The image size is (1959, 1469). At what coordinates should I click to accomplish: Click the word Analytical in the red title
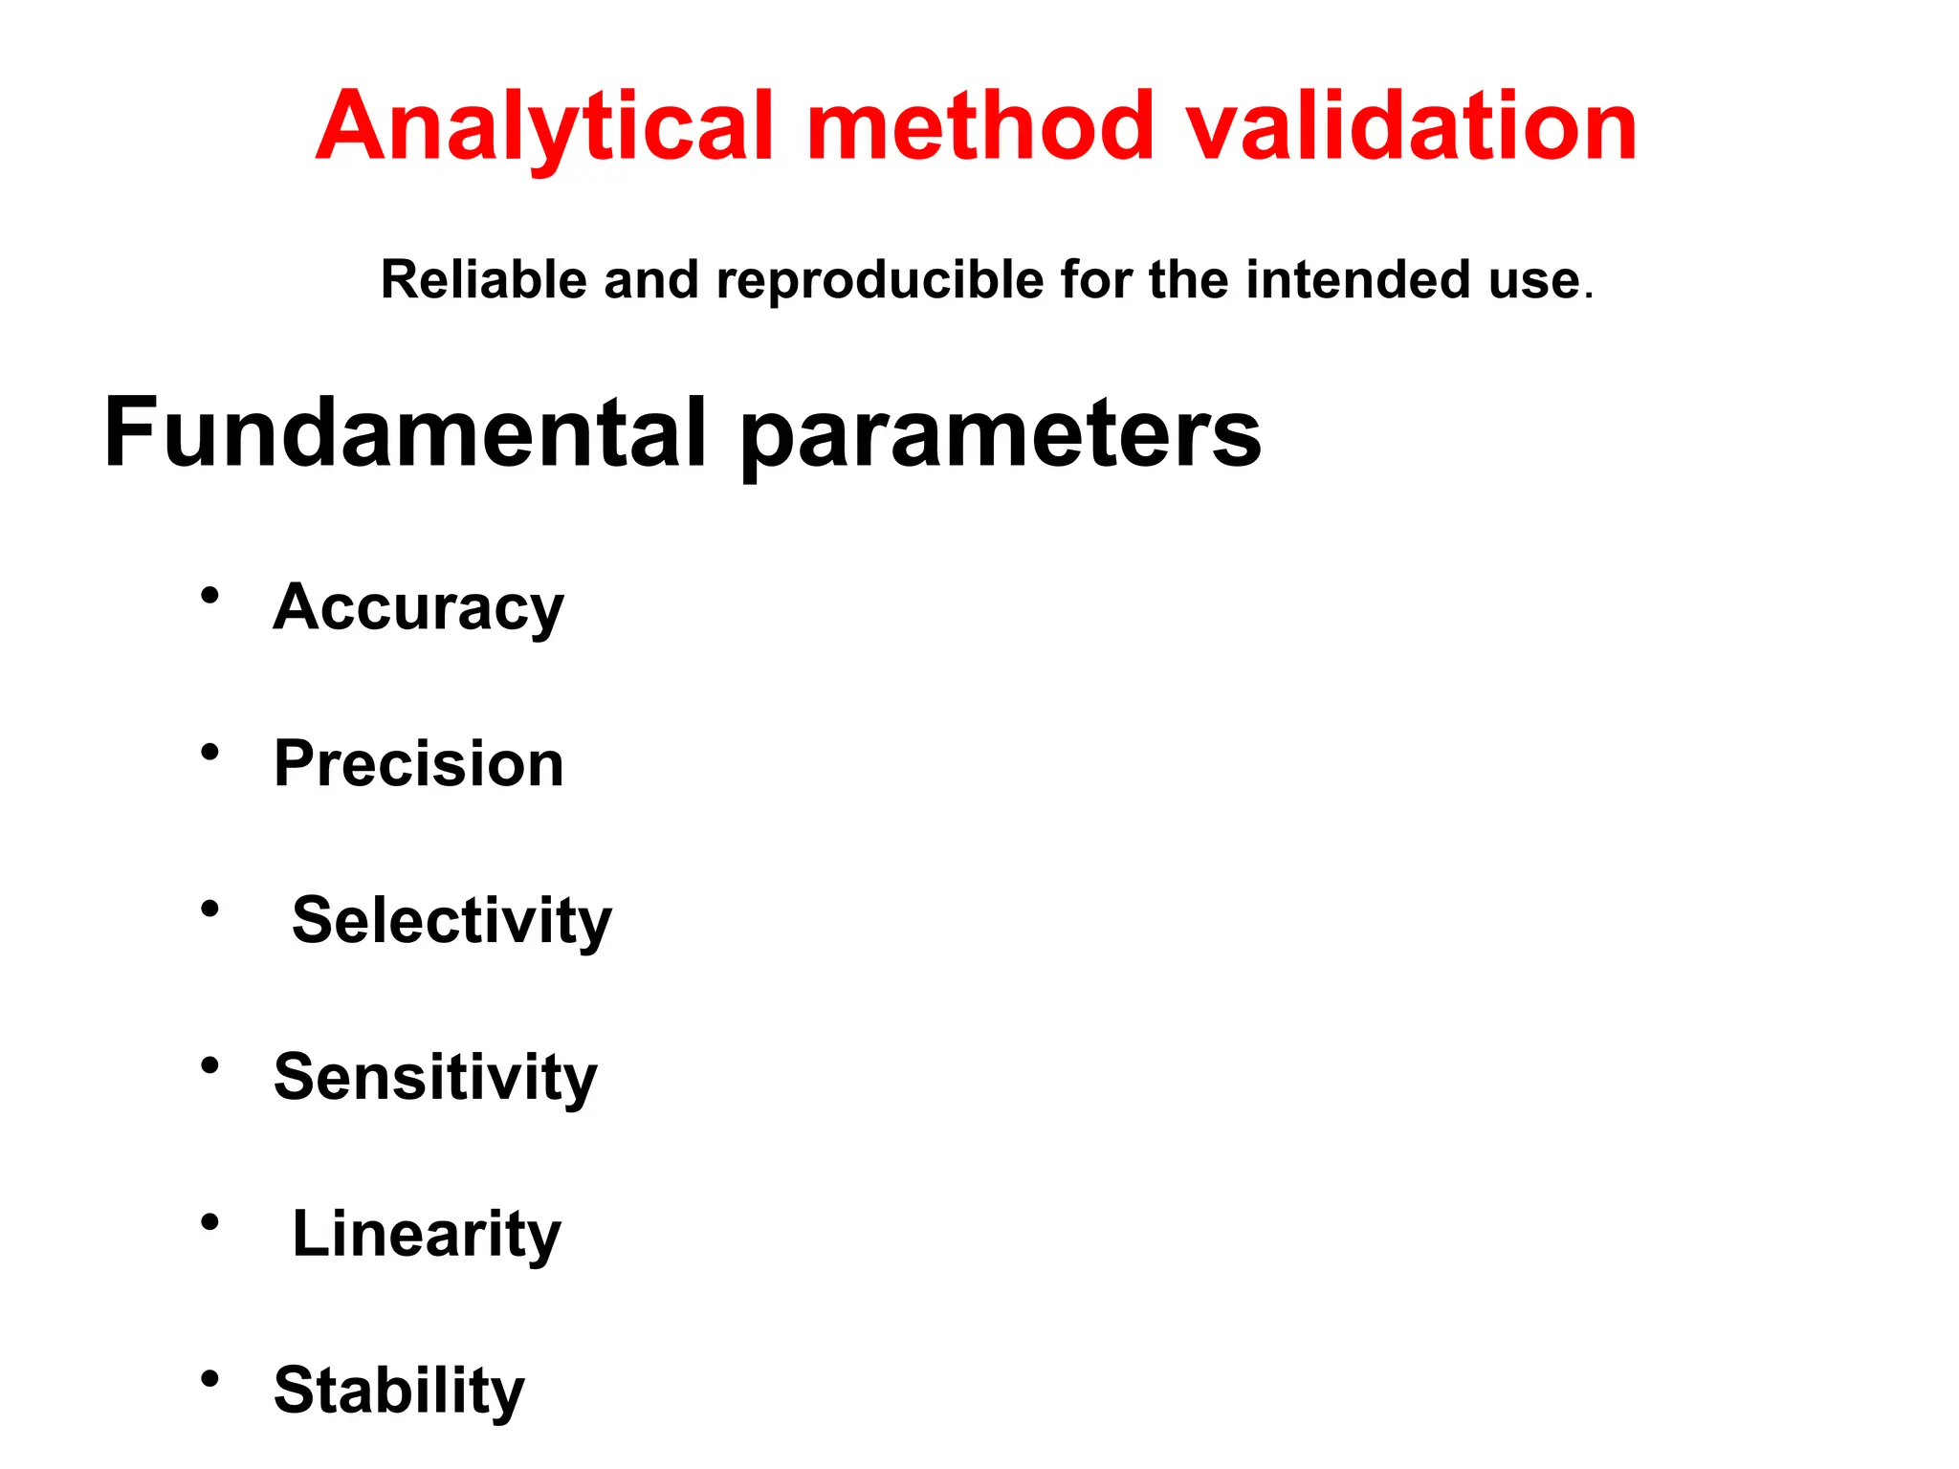[x=543, y=127]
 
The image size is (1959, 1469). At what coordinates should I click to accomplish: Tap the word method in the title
[x=980, y=127]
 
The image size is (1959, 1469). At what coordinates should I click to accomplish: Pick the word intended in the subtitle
[x=1357, y=280]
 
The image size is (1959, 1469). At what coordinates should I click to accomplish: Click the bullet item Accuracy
[x=419, y=607]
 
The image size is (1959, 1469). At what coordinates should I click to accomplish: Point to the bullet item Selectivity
[x=451, y=920]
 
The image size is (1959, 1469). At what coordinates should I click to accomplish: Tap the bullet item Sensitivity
[x=435, y=1077]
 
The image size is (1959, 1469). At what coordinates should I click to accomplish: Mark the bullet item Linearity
[x=427, y=1233]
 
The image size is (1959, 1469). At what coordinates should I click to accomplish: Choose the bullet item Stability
[x=399, y=1390]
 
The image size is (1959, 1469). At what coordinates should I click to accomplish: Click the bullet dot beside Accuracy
[x=210, y=596]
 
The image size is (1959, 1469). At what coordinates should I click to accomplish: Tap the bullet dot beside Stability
[x=210, y=1378]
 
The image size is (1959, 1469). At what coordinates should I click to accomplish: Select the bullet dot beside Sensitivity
[x=210, y=1065]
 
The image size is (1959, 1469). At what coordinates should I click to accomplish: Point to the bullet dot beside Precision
[x=210, y=752]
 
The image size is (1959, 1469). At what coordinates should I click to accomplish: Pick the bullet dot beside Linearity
[x=210, y=1221]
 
